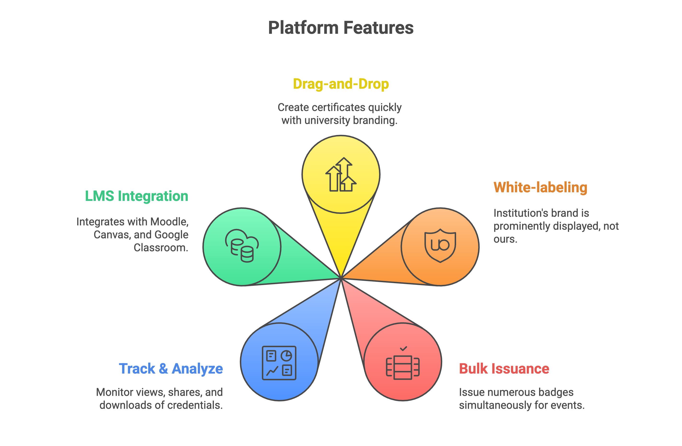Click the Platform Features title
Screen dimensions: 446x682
click(x=341, y=28)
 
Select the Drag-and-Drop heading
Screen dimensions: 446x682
click(x=341, y=84)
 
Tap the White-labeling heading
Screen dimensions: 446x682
click(x=540, y=187)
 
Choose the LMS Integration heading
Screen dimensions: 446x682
click(x=137, y=196)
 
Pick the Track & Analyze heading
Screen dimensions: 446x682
click(x=171, y=369)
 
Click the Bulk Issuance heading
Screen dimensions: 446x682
click(x=504, y=369)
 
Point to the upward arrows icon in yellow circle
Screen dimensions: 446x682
click(x=341, y=175)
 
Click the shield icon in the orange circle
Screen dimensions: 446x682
click(x=440, y=246)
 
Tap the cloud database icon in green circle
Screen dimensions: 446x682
click(x=242, y=246)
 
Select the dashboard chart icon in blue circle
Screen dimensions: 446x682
click(x=279, y=363)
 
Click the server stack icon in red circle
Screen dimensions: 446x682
click(x=403, y=367)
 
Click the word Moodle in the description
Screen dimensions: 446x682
click(x=169, y=222)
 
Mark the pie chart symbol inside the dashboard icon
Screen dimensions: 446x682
click(x=286, y=356)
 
